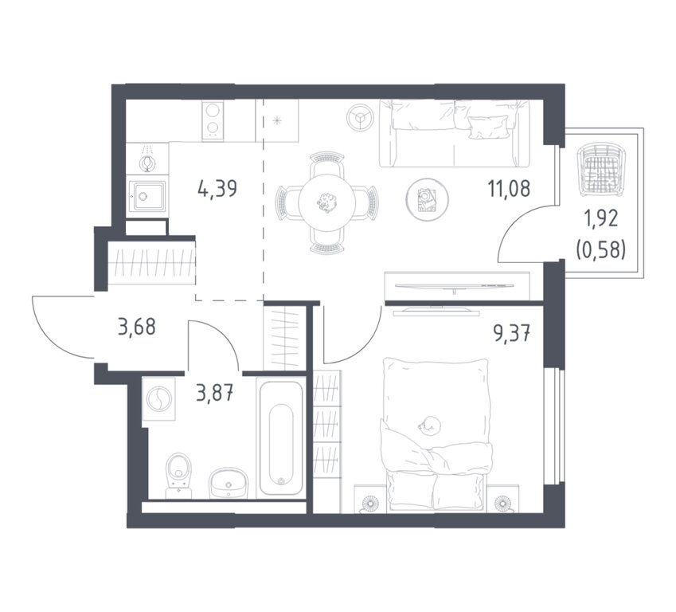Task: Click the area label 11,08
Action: pos(509,189)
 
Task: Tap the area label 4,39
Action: pos(217,189)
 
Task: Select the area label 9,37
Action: pos(512,334)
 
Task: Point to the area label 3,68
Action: pos(137,327)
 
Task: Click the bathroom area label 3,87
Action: pos(215,393)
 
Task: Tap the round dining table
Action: pos(329,202)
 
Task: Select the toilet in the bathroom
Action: pos(179,476)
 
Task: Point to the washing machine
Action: pos(159,399)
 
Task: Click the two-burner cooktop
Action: pos(212,120)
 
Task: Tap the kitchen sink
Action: pos(147,196)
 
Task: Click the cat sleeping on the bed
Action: pos(429,425)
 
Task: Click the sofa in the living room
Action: pos(455,133)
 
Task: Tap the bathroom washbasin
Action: pos(229,484)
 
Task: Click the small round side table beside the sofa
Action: pos(360,117)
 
